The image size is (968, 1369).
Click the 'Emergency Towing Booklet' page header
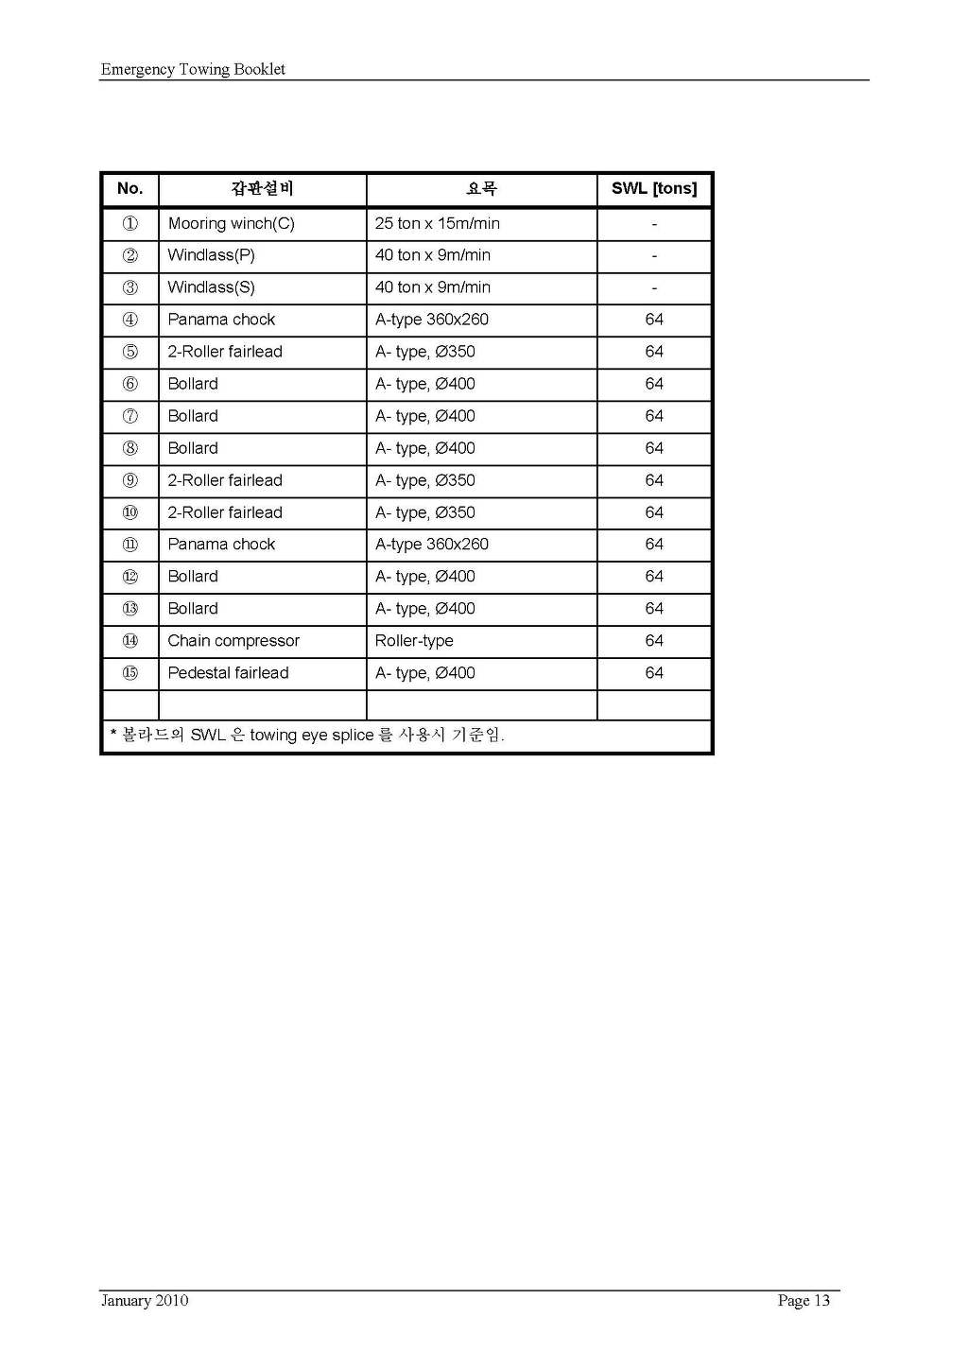[x=193, y=69]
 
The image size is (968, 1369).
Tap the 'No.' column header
[x=130, y=188]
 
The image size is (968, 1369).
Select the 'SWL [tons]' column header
[x=653, y=188]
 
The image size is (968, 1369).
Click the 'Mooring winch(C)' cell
[x=231, y=223]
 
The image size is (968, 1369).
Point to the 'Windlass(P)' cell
[x=211, y=255]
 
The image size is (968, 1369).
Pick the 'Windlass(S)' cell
[x=211, y=287]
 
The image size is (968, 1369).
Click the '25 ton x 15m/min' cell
[x=437, y=223]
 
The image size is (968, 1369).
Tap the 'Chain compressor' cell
[x=233, y=641]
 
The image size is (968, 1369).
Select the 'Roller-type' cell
[x=414, y=641]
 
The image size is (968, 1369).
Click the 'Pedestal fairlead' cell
[x=228, y=673]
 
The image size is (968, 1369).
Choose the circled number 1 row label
[x=130, y=223]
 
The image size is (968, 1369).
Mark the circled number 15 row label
[x=130, y=673]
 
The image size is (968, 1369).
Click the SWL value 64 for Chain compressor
[x=654, y=641]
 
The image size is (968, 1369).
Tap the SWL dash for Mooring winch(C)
[x=654, y=224]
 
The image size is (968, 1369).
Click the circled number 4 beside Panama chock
[x=130, y=320]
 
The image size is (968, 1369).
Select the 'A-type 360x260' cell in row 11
[x=431, y=545]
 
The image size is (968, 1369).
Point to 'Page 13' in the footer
[x=804, y=1301]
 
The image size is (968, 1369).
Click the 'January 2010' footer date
[x=145, y=1301]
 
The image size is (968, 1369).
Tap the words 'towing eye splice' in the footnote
[x=312, y=736]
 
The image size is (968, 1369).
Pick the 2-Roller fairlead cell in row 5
[x=225, y=352]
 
